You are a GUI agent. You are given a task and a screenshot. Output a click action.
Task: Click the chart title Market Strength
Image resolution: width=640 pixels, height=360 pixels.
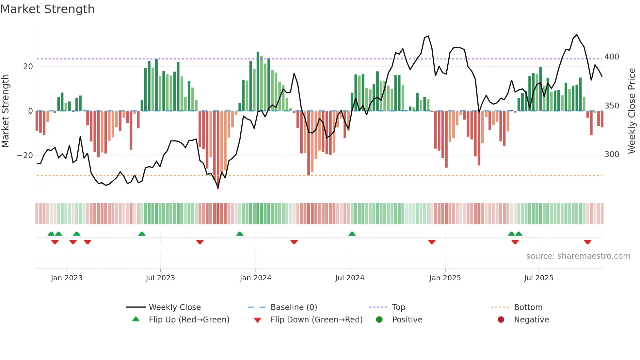(x=47, y=9)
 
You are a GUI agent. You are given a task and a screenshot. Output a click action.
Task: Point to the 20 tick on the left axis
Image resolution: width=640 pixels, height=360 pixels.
(x=28, y=67)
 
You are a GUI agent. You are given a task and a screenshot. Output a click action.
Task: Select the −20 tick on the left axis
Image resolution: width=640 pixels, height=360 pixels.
(x=25, y=155)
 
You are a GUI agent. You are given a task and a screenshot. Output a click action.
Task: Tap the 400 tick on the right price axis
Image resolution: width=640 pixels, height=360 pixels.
(x=612, y=57)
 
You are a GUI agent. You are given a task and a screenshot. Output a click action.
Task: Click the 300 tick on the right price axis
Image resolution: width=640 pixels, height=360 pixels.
(x=612, y=155)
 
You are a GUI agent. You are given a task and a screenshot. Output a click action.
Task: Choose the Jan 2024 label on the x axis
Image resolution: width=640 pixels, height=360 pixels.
(x=255, y=278)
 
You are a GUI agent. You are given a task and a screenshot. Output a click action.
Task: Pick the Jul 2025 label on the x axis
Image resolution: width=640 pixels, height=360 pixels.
(x=538, y=278)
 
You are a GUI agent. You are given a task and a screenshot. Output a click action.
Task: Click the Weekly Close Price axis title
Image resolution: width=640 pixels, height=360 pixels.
(x=632, y=111)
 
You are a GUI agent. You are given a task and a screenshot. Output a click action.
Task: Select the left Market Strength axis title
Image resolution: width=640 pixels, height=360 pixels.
(x=5, y=111)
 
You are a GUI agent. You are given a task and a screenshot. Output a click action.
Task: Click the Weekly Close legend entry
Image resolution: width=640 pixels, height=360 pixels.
(x=174, y=307)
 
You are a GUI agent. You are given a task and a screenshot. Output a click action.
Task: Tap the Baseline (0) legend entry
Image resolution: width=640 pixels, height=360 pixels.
(x=294, y=307)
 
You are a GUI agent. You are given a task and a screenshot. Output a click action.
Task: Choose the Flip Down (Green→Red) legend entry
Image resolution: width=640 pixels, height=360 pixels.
(x=316, y=320)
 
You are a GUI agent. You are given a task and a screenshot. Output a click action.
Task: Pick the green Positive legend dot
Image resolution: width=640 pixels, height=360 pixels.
(x=379, y=319)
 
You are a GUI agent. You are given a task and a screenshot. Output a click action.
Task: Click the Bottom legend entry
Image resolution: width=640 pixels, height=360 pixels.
(x=528, y=307)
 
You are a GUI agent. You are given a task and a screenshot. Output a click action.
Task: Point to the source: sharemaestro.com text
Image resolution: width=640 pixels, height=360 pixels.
(x=578, y=256)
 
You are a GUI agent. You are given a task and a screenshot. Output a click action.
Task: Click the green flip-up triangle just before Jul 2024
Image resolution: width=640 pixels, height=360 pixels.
(x=352, y=234)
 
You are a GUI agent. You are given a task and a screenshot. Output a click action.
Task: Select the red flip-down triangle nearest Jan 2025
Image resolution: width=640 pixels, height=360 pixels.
(x=432, y=242)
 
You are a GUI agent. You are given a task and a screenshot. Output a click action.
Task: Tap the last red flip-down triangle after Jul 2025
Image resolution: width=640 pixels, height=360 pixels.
(x=587, y=242)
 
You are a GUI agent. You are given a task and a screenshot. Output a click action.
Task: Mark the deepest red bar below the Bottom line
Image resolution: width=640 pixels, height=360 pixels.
(x=218, y=150)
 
